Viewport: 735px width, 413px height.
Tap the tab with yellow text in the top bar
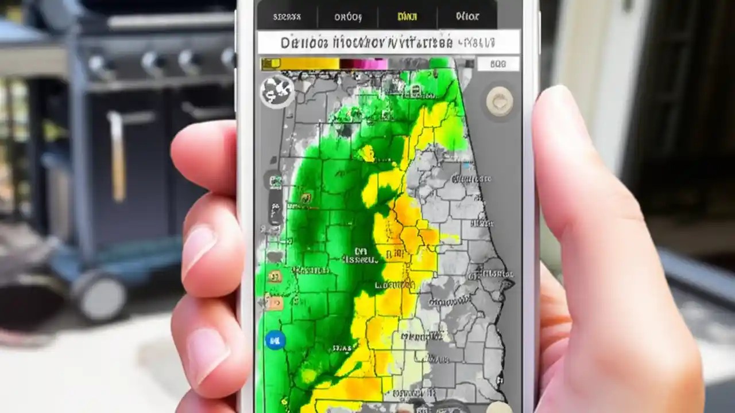(407, 17)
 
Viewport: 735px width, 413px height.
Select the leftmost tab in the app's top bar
(287, 17)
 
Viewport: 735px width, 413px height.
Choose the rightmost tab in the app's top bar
(467, 17)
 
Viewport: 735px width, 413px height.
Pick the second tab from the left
(348, 17)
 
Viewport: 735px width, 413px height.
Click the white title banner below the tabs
(389, 42)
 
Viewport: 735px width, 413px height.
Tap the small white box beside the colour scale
(498, 64)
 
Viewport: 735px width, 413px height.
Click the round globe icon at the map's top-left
(277, 91)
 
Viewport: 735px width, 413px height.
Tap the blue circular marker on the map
(275, 340)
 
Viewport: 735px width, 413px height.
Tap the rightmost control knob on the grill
(228, 57)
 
